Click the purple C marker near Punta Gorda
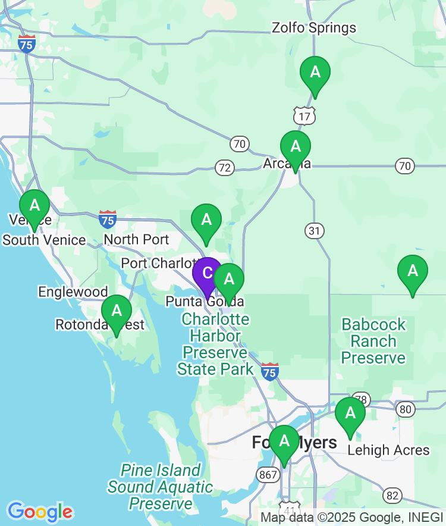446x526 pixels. pos(207,274)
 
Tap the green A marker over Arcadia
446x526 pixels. pos(296,147)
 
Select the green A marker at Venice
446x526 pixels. pos(34,206)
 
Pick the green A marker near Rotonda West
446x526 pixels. pos(117,311)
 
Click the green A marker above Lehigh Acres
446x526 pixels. pos(350,414)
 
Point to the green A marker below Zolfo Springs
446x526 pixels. pos(315,73)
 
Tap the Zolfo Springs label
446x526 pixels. pos(314,28)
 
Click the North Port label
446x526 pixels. pos(136,240)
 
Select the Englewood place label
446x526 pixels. pos(73,292)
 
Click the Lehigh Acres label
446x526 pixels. pos(388,450)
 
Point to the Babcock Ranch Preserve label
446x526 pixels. pos(373,341)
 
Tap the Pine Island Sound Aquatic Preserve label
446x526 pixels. pos(160,487)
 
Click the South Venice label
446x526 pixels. pos(45,240)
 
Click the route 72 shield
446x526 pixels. pos(224,168)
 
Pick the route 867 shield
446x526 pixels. pos(267,474)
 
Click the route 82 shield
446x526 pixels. pos(392,495)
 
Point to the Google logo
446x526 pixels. pos(40,512)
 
